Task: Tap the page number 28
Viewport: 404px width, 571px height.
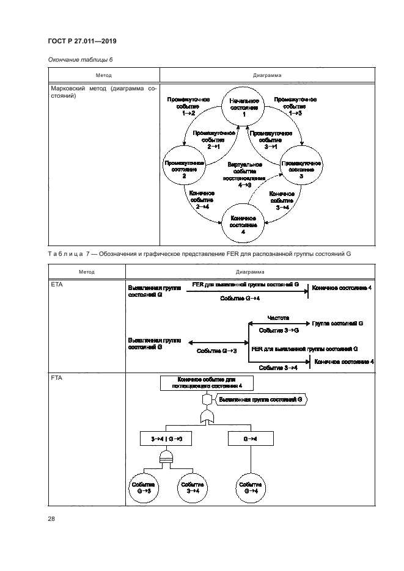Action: (51, 519)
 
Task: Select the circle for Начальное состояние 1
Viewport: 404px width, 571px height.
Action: (243, 107)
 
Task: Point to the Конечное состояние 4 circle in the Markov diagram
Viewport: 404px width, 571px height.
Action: (243, 224)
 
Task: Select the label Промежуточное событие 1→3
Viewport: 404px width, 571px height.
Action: (295, 106)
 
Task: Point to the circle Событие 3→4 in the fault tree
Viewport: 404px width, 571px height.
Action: (192, 487)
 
